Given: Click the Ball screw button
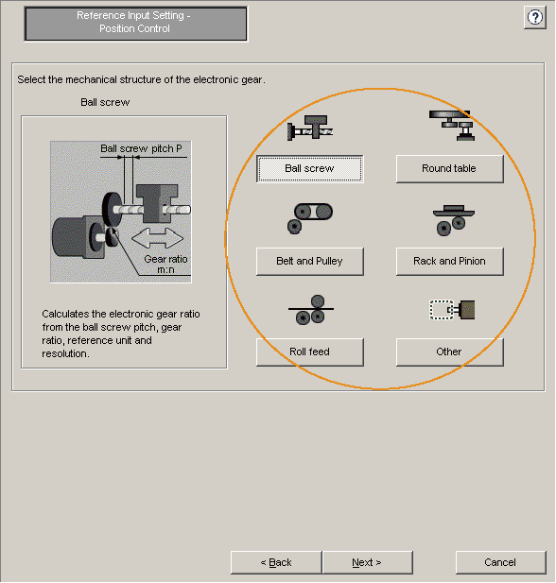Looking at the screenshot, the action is click(309, 169).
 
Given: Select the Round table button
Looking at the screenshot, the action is click(449, 169).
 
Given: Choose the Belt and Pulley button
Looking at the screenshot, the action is click(309, 262).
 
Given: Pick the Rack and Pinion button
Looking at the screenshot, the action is click(449, 262).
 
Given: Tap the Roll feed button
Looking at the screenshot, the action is click(309, 352).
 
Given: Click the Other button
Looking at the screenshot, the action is click(449, 352).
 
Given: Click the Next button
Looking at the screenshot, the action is click(367, 562).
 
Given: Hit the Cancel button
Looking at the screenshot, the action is click(500, 562).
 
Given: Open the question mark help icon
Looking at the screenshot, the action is click(535, 17).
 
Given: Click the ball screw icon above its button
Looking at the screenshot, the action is click(310, 128).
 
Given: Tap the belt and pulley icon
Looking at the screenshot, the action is click(309, 218).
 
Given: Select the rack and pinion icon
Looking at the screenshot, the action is click(453, 220).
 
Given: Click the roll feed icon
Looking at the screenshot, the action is click(311, 310).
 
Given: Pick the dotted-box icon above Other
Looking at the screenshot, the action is click(452, 310).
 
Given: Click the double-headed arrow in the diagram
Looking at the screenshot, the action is click(157, 238).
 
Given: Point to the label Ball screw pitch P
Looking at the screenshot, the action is click(141, 148).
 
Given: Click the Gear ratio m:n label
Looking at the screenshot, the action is click(165, 264).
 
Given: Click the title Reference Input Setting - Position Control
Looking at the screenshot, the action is click(134, 22).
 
